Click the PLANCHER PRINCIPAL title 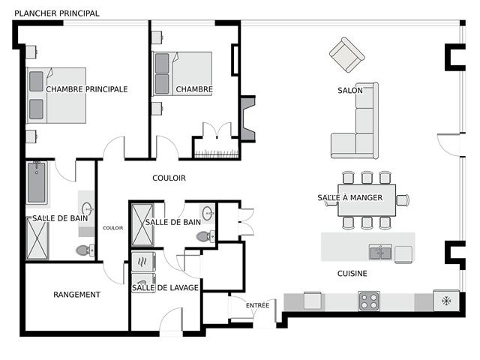(57, 13)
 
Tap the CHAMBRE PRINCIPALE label (87, 89)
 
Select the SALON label (350, 91)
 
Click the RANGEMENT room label (76, 295)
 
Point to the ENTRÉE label (257, 305)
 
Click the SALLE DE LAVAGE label (165, 288)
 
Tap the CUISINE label (352, 274)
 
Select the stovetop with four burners (369, 301)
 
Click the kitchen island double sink (380, 252)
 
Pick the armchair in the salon (346, 55)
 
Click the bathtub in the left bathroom (37, 182)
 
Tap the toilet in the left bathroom (85, 250)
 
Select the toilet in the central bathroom (205, 236)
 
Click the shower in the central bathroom (142, 225)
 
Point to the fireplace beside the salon (247, 118)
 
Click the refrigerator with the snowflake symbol (446, 301)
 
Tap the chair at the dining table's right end (403, 200)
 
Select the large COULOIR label (169, 178)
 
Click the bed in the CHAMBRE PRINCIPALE (56, 95)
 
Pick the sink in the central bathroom (208, 211)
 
